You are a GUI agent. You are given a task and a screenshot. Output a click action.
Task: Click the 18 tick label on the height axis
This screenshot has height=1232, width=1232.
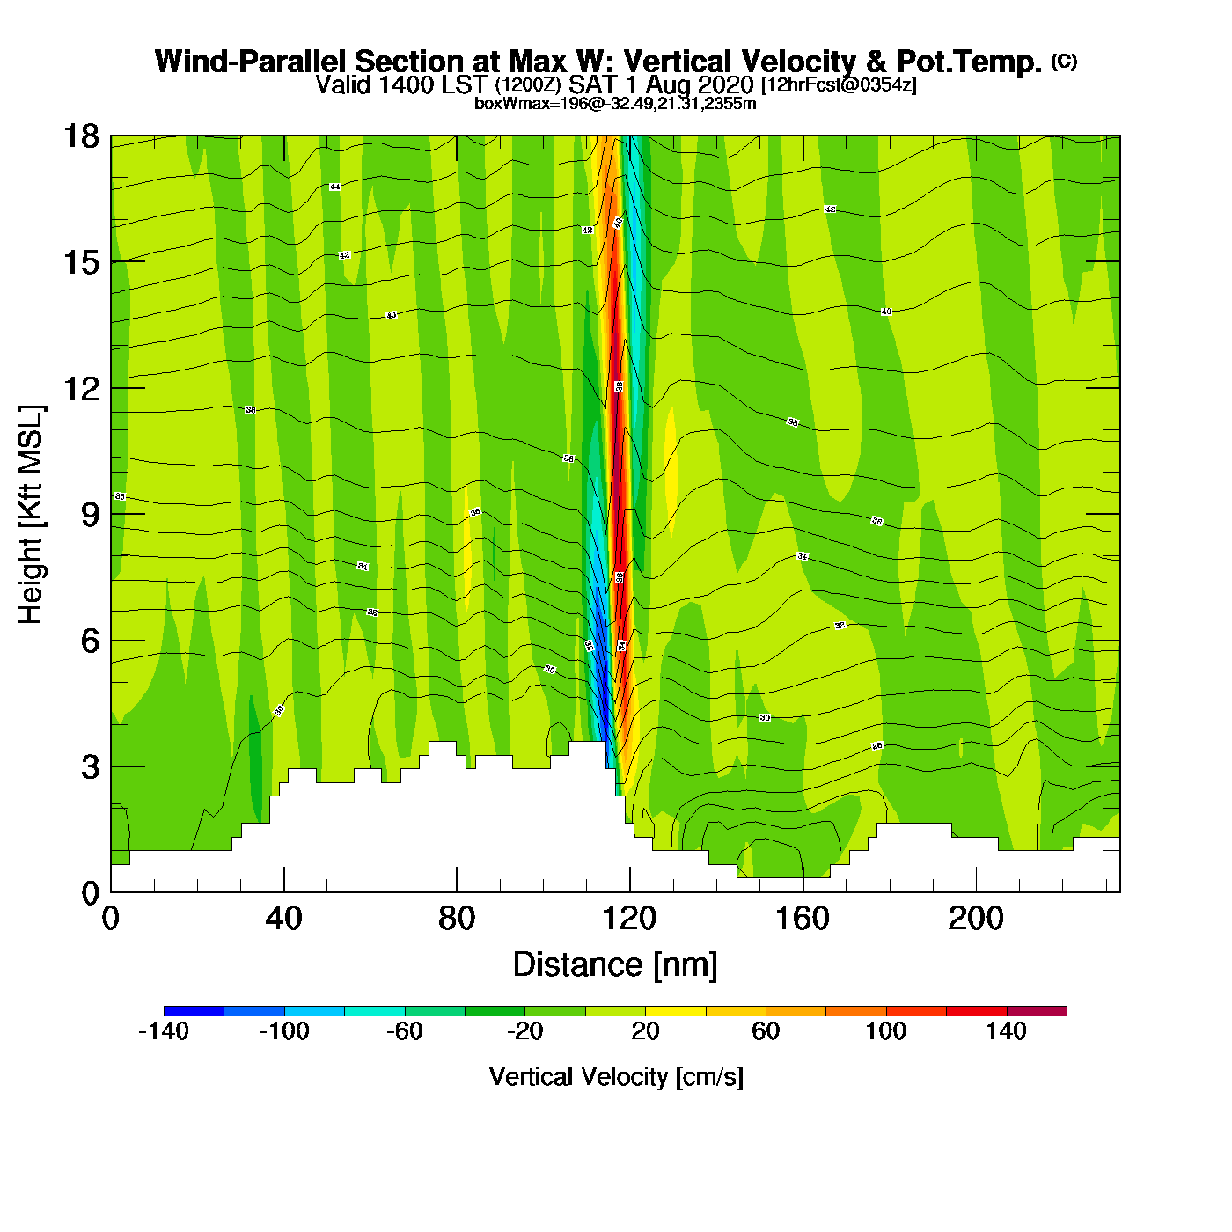(80, 136)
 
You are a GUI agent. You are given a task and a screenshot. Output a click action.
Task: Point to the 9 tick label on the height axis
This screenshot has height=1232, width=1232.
(90, 515)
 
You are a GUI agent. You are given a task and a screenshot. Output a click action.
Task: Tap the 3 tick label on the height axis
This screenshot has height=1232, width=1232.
(90, 766)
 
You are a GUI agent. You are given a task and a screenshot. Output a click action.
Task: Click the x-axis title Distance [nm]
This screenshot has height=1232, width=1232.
(615, 965)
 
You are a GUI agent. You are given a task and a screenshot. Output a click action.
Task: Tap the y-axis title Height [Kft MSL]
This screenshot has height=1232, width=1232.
(31, 515)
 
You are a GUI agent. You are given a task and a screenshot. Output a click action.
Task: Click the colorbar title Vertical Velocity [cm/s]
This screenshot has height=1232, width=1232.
(616, 1076)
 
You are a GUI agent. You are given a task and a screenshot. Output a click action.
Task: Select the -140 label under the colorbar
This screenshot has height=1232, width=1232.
(164, 1031)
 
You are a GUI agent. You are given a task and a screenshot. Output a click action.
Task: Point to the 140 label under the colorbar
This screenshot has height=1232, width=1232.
(1006, 1031)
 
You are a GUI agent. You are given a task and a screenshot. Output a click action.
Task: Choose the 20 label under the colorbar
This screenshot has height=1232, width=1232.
(645, 1031)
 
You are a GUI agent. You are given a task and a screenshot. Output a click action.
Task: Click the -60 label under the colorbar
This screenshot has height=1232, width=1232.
(405, 1031)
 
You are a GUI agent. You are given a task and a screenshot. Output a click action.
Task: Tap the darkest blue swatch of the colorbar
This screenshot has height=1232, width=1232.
(194, 1011)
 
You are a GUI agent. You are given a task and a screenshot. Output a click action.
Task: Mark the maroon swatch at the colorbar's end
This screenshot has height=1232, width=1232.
(1037, 1011)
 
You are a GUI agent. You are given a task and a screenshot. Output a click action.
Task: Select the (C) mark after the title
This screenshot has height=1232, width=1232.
(1063, 61)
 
